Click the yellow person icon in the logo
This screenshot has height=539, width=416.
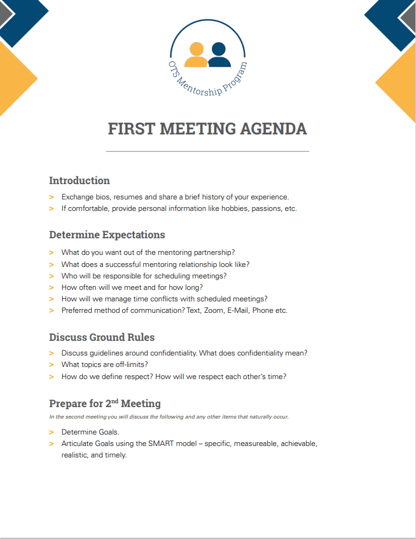[196, 54]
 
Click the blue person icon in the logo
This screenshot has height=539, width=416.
[219, 54]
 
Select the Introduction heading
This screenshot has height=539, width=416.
[80, 180]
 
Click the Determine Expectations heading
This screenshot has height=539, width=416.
[107, 234]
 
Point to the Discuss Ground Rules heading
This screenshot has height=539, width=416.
[102, 336]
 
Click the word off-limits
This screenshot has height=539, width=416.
[130, 364]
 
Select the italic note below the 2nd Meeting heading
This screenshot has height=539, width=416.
[169, 417]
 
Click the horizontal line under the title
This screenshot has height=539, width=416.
[207, 151]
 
